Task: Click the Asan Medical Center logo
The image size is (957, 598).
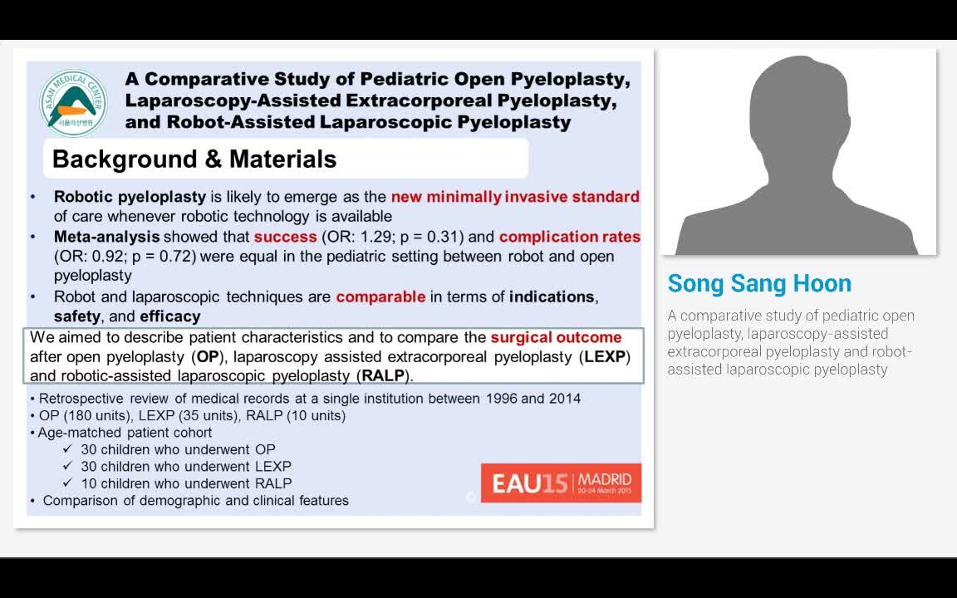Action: coord(73,102)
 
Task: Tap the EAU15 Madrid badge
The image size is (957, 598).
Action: coord(561,483)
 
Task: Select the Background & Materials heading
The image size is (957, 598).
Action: coord(194,159)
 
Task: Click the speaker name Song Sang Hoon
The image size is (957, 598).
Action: coord(759,284)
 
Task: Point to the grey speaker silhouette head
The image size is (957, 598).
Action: coord(798,108)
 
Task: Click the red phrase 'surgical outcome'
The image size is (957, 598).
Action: coord(556,337)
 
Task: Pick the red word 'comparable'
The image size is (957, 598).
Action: coord(380,297)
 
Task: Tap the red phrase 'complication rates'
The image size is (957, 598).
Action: coord(570,237)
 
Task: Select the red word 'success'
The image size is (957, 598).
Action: coord(285,237)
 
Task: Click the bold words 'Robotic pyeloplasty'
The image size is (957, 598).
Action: coord(130,197)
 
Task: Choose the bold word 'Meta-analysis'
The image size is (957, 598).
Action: coord(106,237)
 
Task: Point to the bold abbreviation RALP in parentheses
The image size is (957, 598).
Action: coord(383,375)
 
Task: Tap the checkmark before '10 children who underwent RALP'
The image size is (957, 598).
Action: coord(68,483)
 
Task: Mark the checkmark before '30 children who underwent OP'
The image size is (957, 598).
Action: coord(68,449)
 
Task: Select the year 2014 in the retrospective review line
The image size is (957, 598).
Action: coord(565,399)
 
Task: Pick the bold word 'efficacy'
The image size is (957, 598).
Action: coord(169,316)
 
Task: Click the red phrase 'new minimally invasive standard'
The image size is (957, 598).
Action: coord(515,197)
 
